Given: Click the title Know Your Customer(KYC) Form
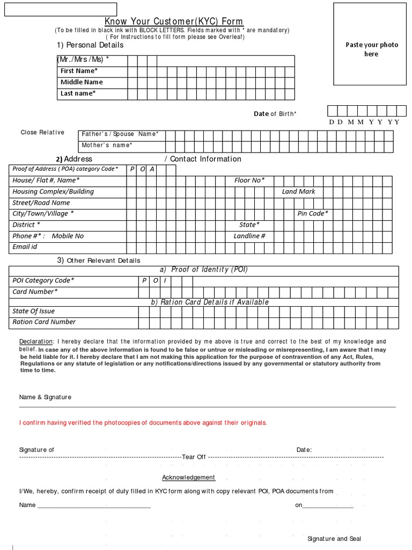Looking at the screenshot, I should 173,21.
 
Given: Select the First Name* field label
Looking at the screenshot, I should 79,71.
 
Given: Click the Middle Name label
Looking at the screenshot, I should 82,82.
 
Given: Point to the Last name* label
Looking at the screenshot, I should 78,93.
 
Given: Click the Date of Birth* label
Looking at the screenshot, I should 275,114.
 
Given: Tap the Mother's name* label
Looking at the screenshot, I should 107,145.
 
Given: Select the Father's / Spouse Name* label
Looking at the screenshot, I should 120,134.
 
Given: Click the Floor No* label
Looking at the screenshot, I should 249,180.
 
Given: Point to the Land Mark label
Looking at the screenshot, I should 298,192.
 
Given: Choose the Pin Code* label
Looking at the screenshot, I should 313,214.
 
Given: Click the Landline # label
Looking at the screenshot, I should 249,236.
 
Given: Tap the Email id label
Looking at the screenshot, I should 25,247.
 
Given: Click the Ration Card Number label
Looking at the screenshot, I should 44,322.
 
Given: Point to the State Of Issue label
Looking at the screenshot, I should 33,311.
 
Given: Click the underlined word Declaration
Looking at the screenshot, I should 36,342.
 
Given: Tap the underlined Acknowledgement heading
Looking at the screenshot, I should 189,477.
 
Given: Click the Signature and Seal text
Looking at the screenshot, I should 334,539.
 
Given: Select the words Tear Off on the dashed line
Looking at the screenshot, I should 194,457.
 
